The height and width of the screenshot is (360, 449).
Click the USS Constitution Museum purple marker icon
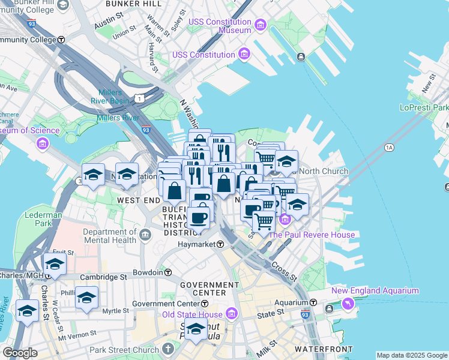(x=260, y=25)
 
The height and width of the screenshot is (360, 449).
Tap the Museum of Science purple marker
(x=41, y=143)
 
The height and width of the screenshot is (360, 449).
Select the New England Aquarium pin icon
(x=348, y=304)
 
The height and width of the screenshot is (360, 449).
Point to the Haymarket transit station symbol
(x=220, y=245)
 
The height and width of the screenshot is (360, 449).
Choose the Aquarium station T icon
(x=313, y=302)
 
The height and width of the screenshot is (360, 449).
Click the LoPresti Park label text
(x=424, y=107)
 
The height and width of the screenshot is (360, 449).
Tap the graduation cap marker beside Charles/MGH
(x=55, y=263)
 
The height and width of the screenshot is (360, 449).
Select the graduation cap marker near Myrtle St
(x=86, y=298)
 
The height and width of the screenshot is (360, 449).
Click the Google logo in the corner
(x=20, y=353)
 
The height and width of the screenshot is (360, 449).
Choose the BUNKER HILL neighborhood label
(x=133, y=4)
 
